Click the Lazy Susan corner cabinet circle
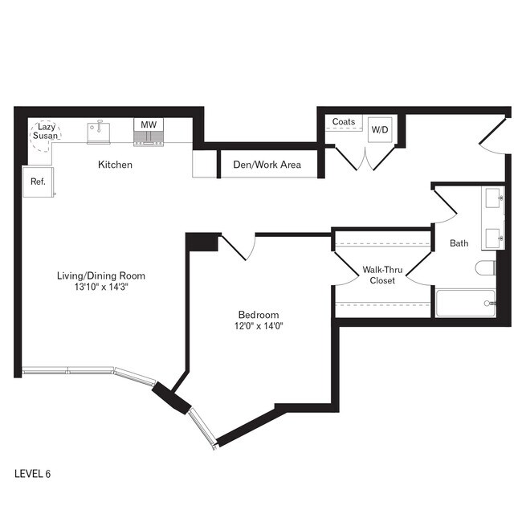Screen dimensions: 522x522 [x=45, y=133]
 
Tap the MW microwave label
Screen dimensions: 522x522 [x=148, y=124]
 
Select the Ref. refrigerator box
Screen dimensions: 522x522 [x=38, y=181]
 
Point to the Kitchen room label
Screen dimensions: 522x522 [x=115, y=165]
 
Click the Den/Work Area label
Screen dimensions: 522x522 [x=267, y=165]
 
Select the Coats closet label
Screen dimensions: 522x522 [x=343, y=122]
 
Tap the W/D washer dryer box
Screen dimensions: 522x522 [x=379, y=129]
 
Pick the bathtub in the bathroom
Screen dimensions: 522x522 [x=466, y=303]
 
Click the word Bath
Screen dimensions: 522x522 [x=459, y=243]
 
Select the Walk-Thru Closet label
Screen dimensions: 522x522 [x=381, y=275]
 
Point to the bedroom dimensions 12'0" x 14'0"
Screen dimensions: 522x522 [x=258, y=326]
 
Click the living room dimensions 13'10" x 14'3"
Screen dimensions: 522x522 [x=100, y=288]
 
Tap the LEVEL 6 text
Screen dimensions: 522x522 [x=33, y=474]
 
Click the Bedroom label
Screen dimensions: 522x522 [x=258, y=314]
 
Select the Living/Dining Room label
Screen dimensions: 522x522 [x=100, y=275]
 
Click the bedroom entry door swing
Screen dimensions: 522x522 [x=238, y=247]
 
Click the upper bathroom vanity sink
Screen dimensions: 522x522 [x=493, y=198]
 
